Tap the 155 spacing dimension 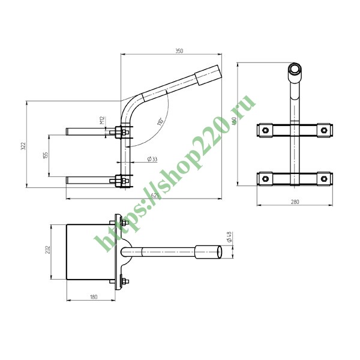(46, 155)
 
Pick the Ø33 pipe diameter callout (152, 159)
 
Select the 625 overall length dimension (154, 195)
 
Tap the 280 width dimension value (295, 202)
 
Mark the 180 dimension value (94, 297)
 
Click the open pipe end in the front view (295, 69)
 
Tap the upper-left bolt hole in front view (265, 129)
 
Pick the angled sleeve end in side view (207, 76)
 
